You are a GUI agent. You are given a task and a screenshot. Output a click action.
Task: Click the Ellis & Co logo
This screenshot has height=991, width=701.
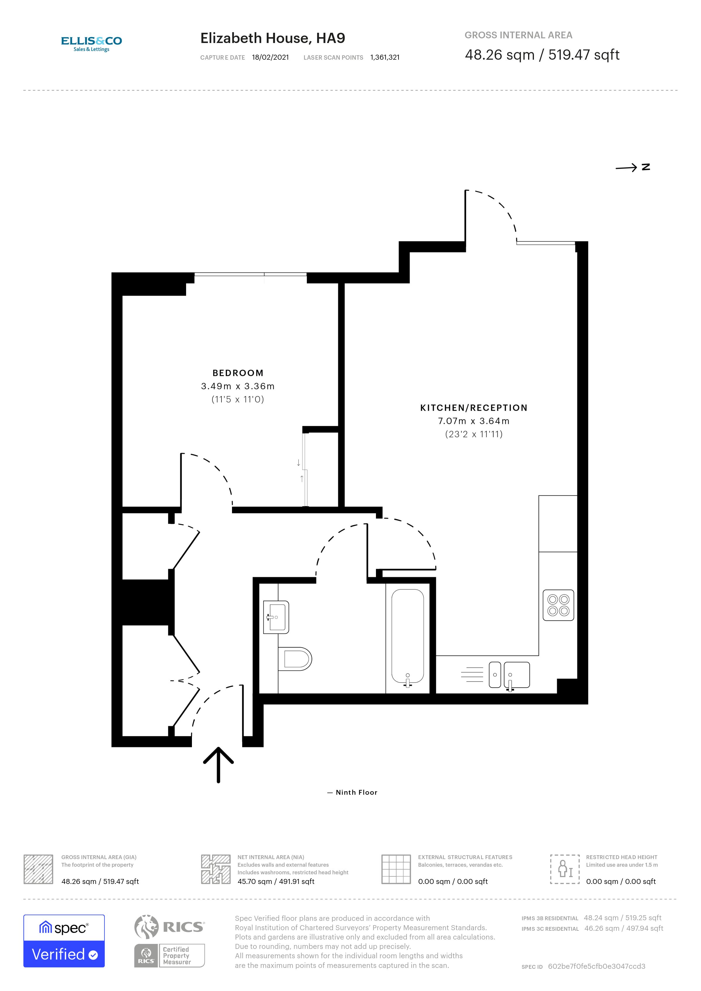click(92, 43)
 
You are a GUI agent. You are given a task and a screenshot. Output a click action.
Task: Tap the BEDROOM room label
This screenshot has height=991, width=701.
click(238, 373)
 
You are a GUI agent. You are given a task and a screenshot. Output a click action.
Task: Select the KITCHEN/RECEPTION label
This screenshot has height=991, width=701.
click(473, 408)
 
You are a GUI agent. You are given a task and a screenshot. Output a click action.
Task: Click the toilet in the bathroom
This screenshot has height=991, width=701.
click(295, 659)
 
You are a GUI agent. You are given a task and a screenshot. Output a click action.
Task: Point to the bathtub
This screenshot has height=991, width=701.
click(408, 637)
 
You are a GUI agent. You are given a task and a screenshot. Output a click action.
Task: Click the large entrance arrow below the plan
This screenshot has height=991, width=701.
click(219, 764)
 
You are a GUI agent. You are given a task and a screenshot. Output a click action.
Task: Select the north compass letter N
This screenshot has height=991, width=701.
click(646, 167)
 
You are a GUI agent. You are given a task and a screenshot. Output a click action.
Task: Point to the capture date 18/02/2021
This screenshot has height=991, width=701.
click(270, 57)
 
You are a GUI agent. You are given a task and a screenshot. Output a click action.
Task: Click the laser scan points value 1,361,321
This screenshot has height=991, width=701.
click(385, 57)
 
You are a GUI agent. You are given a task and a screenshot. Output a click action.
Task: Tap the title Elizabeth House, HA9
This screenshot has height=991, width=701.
click(273, 38)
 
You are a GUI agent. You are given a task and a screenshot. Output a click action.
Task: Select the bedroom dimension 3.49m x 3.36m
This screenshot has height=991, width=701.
click(238, 386)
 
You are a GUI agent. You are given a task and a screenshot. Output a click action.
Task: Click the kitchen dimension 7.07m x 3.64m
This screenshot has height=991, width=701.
click(473, 421)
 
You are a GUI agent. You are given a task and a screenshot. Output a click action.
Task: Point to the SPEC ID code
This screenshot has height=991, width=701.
click(597, 966)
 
